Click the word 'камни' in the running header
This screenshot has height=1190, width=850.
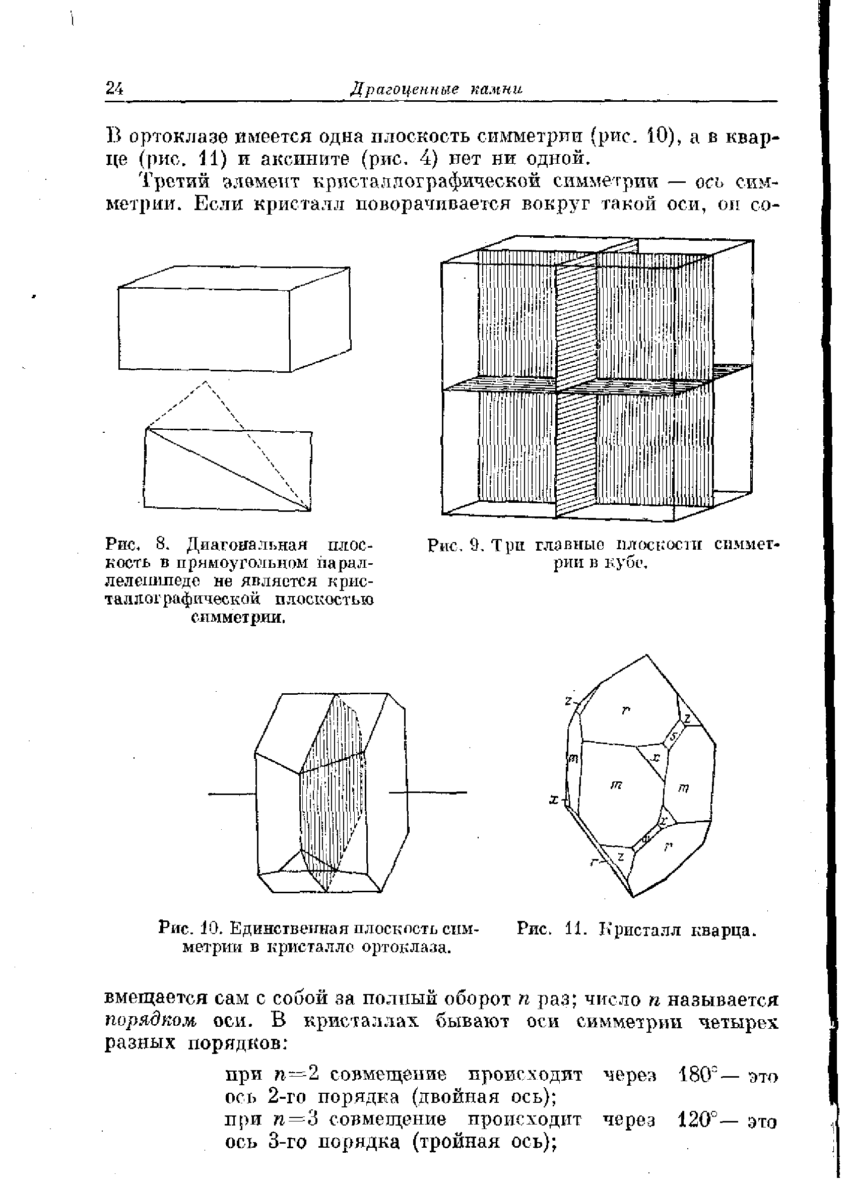point(496,89)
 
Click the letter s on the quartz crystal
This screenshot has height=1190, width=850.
point(674,737)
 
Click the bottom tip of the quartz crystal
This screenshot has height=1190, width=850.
point(633,897)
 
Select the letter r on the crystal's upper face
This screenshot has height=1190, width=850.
point(624,710)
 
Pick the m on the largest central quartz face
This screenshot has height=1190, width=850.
point(616,785)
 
